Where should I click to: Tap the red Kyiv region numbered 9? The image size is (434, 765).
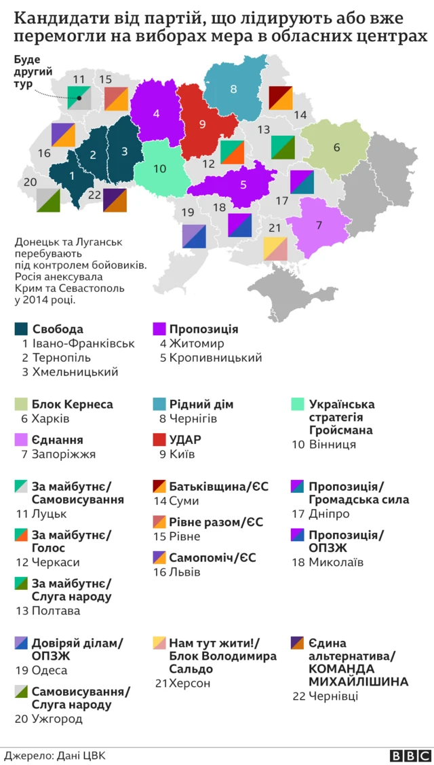tap(202, 126)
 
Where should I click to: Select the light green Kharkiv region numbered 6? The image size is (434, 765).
tap(336, 148)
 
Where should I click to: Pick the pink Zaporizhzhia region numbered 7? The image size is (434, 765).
tap(319, 227)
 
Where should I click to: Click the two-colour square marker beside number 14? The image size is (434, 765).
tap(280, 98)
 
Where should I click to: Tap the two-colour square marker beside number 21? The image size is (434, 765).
tap(275, 248)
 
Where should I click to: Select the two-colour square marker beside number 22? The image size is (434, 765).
tap(115, 200)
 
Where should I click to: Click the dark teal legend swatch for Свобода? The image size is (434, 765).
tap(21, 329)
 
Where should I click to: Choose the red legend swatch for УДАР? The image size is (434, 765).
tap(159, 439)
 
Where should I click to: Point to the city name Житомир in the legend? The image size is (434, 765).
tap(197, 343)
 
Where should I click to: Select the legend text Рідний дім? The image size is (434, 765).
tap(201, 404)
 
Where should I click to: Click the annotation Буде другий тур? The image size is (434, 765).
tap(31, 71)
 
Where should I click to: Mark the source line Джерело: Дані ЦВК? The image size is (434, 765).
tap(55, 755)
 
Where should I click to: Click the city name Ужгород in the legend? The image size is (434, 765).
tap(57, 718)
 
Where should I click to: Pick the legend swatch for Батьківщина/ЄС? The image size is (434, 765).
tap(159, 487)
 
